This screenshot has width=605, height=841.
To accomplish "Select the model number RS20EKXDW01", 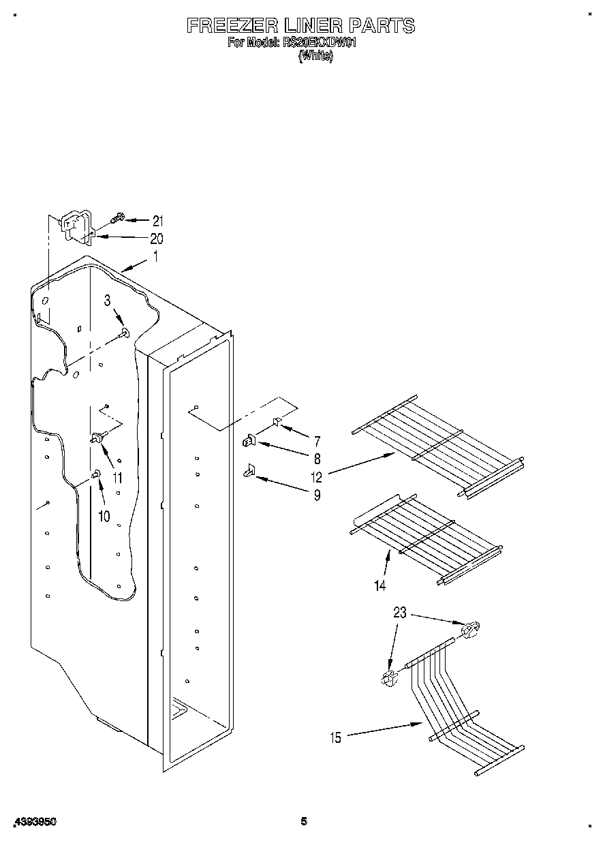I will pos(320,43).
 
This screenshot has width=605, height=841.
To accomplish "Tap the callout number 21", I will pos(158,221).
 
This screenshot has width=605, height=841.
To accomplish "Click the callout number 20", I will pos(157,239).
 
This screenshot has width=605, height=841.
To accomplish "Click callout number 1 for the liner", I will pos(155,257).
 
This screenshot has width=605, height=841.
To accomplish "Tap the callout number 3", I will pos(108,301).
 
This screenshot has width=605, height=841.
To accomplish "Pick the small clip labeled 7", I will pos(277,423).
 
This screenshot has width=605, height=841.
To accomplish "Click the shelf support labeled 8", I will pos(249,442).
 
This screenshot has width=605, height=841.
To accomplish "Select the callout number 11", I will pos(117,478).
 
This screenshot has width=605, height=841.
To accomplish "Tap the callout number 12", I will pos(317,476).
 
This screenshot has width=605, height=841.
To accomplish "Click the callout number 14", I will pos(379,585).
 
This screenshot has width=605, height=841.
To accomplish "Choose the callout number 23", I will pos(399,613).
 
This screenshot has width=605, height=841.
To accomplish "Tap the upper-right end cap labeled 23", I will pos(470,630).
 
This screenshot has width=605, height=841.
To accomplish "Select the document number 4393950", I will pos(34,823).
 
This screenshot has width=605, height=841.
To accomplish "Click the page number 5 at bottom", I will pos(304,822).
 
